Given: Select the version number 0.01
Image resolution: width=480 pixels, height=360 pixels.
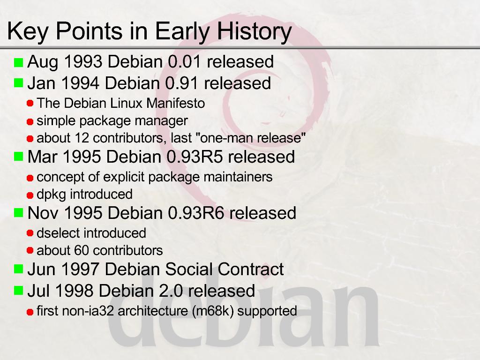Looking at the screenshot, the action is pos(184,61).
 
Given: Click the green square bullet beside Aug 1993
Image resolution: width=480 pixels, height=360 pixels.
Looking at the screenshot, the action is pos(19,62).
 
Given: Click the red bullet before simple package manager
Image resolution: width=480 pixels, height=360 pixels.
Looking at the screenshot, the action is pos(30,122).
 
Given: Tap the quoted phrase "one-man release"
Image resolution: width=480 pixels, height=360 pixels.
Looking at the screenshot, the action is pos(253,138).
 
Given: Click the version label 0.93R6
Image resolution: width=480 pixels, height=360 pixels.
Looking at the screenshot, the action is pos(196,213).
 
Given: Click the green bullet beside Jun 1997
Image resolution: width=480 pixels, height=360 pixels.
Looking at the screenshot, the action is pos(19,269).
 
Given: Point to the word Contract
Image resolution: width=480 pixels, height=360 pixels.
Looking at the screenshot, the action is pos(250,270).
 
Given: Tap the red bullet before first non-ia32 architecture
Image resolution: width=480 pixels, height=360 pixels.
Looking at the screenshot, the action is pos(30,312).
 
